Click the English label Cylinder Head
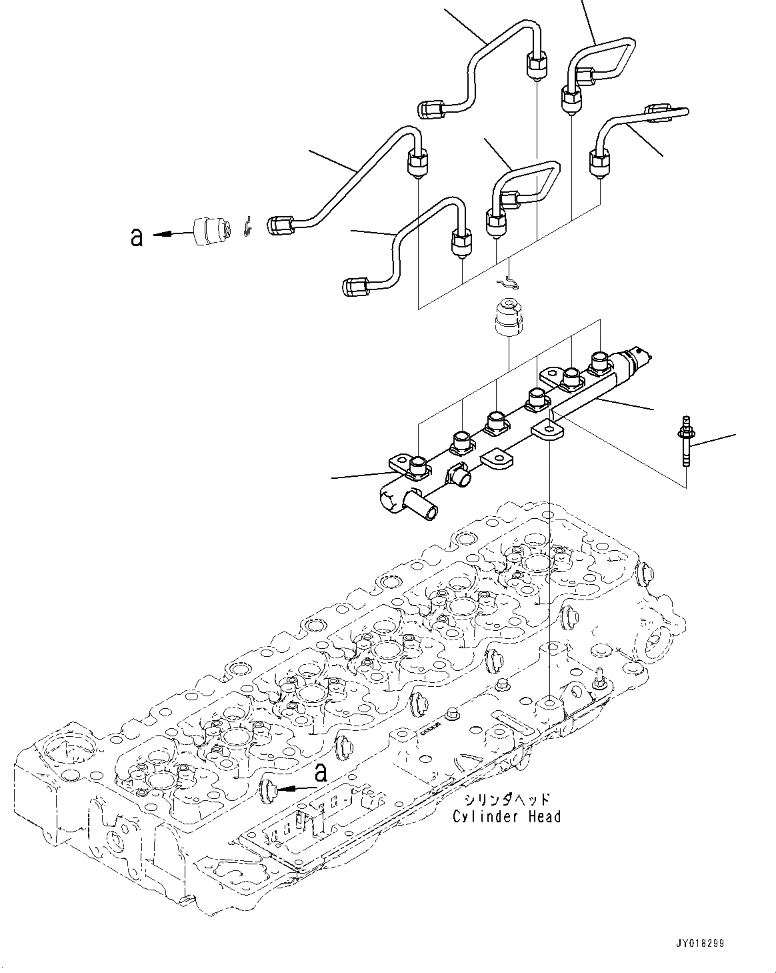pos(506,816)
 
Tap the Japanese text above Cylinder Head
pos(506,799)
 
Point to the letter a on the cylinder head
pos(321,773)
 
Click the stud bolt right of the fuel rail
pos(685,442)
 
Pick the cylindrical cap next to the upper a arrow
pos(208,231)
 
